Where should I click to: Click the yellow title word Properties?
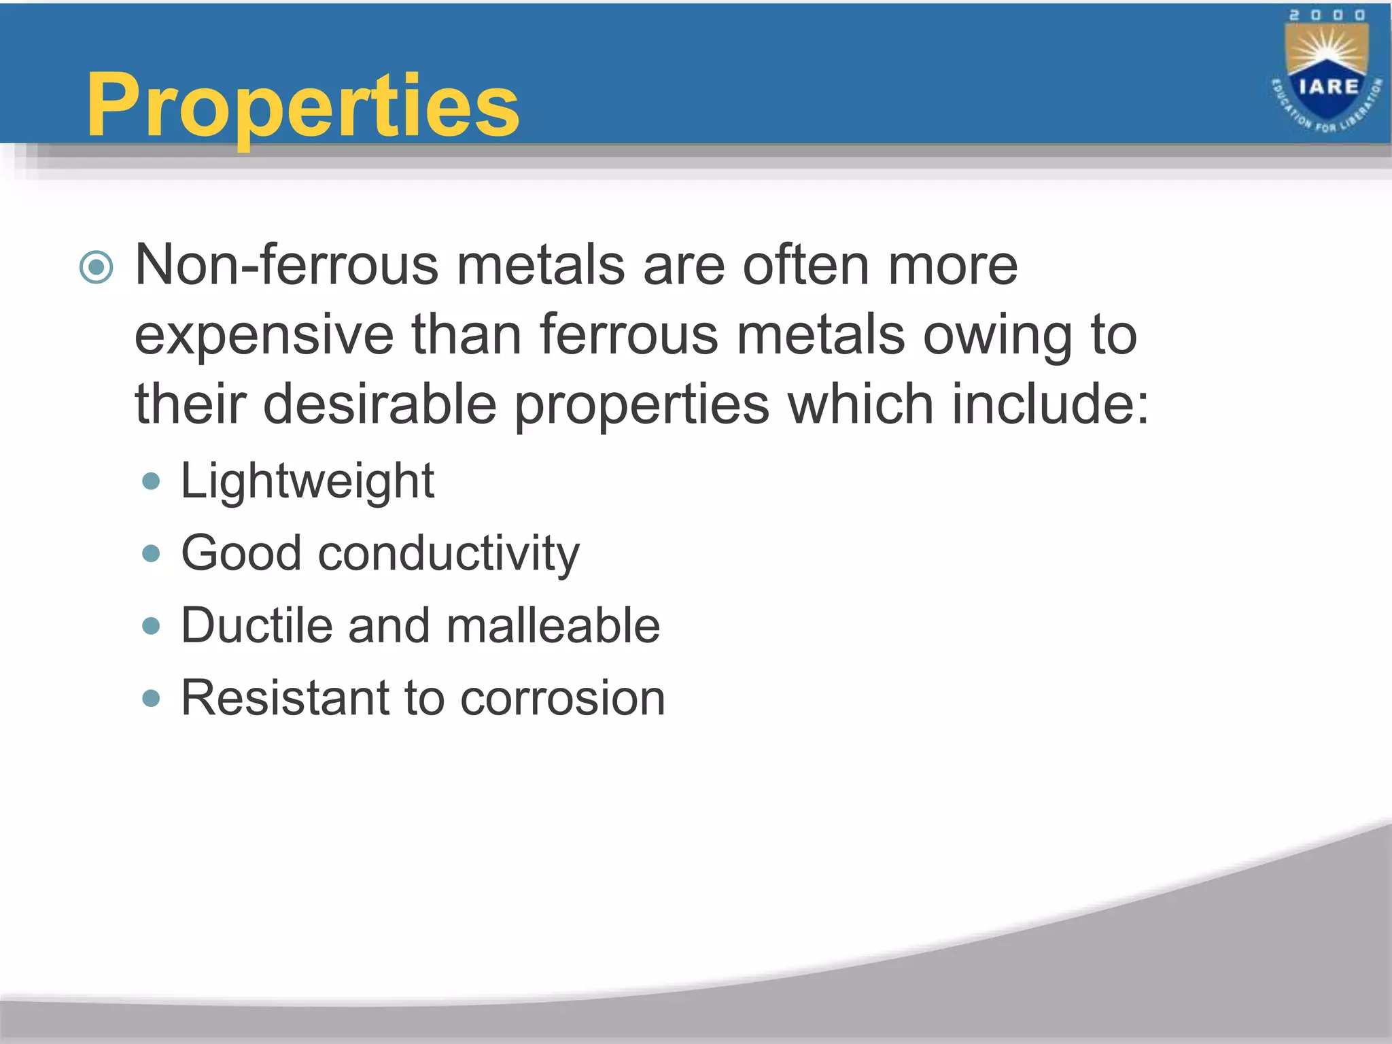302,105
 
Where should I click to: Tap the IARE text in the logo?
1328,87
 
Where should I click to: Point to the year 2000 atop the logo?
1327,15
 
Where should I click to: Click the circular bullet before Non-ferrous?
96,267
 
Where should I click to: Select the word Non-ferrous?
286,265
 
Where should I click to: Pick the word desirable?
380,404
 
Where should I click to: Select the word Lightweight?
307,481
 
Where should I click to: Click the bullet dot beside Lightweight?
151,482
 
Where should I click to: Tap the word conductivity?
449,553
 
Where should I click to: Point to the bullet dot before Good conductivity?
151,553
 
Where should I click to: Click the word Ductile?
257,625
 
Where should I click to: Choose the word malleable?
553,625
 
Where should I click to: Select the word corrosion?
562,698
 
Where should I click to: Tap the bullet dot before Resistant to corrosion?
151,698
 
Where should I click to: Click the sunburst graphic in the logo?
1327,49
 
